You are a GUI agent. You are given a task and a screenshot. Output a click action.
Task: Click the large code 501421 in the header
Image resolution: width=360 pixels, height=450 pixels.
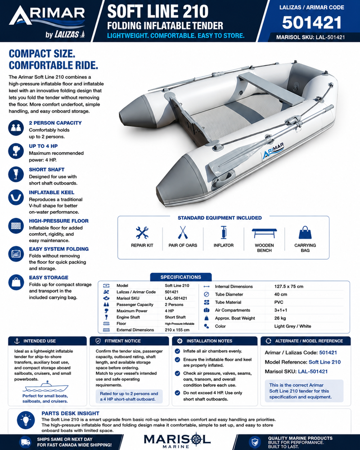312,22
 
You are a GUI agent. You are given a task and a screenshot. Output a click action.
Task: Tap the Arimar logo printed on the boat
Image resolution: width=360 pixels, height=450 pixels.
273,150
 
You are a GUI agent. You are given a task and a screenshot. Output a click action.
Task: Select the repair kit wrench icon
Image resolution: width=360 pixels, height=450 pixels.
142,233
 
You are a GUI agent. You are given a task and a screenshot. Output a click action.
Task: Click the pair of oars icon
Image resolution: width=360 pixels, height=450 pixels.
183,233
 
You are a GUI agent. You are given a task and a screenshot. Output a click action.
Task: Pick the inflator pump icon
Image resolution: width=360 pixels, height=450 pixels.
223,233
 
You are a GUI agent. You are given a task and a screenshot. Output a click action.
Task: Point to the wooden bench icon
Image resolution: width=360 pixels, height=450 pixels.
264,233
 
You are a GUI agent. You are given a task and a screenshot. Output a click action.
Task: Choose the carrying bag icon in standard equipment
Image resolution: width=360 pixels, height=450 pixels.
305,233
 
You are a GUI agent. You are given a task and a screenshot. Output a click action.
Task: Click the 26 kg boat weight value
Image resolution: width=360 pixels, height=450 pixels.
279,318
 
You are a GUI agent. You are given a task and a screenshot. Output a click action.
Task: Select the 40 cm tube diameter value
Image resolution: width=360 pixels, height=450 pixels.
280,294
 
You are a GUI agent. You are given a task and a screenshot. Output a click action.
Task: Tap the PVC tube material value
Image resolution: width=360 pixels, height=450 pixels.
279,302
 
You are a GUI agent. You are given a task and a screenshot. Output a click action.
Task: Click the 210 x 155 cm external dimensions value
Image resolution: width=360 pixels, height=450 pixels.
177,330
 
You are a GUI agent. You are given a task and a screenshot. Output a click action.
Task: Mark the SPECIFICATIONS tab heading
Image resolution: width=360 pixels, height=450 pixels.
181,277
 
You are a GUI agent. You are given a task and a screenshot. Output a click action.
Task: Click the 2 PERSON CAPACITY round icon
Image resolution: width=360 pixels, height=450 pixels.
16,128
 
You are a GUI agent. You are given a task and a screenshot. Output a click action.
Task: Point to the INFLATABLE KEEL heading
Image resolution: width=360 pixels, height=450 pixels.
52,192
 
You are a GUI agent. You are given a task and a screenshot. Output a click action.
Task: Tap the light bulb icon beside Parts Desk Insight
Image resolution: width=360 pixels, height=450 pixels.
26,420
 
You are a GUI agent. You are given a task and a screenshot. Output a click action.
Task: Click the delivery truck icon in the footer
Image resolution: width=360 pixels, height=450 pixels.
25,442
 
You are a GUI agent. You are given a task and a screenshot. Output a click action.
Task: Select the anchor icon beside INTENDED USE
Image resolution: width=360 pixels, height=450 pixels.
17,341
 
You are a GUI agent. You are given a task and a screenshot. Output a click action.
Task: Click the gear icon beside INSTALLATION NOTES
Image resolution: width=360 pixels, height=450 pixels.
180,341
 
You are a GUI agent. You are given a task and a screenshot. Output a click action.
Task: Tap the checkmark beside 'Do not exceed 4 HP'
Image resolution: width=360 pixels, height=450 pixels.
177,393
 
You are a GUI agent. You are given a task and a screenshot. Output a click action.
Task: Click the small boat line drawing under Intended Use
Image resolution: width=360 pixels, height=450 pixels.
46,387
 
